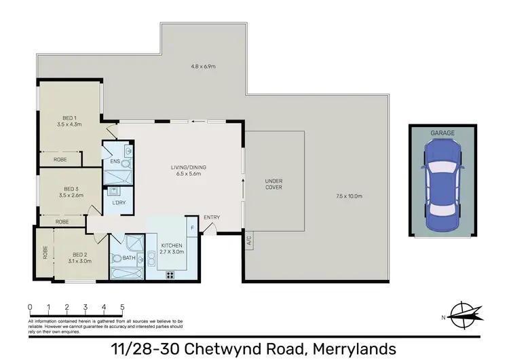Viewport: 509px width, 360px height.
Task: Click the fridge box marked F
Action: [x=193, y=228]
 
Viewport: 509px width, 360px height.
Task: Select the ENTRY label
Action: [x=212, y=217]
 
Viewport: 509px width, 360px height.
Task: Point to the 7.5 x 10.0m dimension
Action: [x=349, y=196]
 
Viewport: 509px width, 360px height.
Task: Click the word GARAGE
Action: [x=442, y=133]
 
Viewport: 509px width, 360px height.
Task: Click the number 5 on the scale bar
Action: [x=122, y=306]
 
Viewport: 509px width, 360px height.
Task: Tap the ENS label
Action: [x=115, y=162]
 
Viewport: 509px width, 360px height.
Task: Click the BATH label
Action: [x=128, y=258]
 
